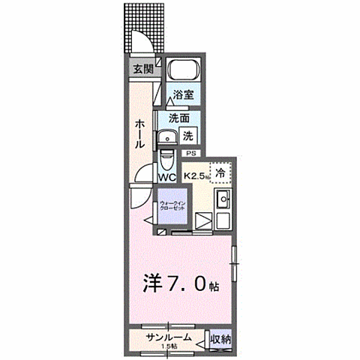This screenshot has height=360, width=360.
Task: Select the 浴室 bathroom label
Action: pos(183,94)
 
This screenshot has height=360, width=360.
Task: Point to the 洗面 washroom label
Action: pos(178,118)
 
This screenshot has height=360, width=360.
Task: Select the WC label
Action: pos(166,177)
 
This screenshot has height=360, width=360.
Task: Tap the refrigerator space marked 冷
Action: pos(220,173)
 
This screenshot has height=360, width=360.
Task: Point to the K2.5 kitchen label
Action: pos(195,177)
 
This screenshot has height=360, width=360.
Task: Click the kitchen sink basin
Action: pos(222,200)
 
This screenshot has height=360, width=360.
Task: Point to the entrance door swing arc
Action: pos(142,39)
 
